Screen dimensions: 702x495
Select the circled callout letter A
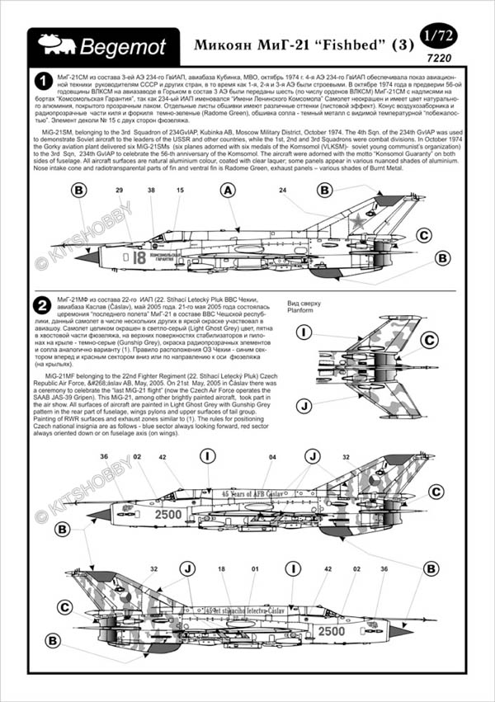tap(229, 191)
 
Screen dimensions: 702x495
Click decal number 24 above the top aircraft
tap(282, 191)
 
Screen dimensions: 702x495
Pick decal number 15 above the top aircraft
tap(179, 191)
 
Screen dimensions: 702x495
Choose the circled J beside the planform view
tap(304, 406)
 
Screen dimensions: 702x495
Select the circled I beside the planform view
tap(304, 332)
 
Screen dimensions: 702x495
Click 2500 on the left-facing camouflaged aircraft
tap(168, 515)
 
